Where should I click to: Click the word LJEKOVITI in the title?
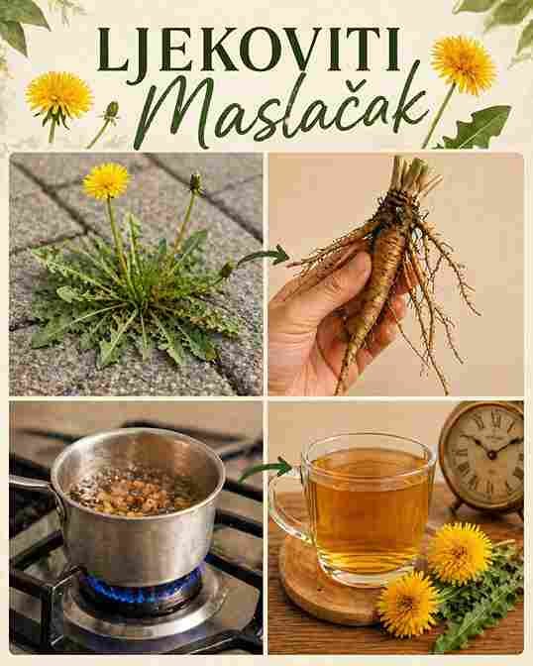tap(249, 50)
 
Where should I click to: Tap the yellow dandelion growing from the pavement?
tap(106, 181)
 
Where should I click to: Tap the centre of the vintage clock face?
tap(491, 455)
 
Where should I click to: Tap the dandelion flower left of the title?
tap(58, 95)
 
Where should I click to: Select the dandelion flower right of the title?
tap(463, 63)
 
